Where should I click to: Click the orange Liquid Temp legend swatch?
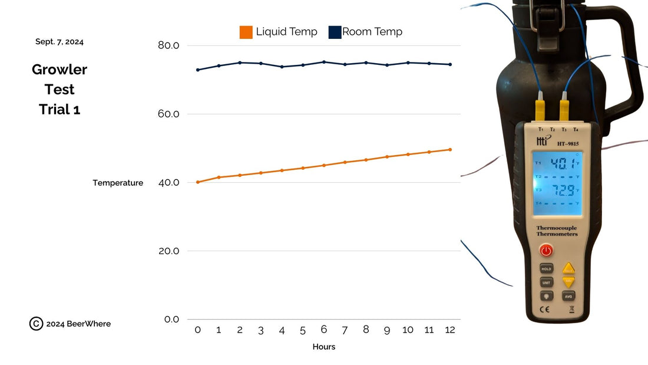point(246,32)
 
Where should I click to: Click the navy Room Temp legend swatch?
point(335,32)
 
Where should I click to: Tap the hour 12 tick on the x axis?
point(450,330)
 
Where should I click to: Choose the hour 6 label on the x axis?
point(323,330)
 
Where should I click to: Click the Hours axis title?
point(323,347)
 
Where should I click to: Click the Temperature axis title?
point(118,183)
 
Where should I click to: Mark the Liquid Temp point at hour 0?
point(198,182)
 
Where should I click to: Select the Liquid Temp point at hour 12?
point(450,149)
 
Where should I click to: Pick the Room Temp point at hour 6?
point(323,62)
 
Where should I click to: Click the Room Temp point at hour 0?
point(198,70)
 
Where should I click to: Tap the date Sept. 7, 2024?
point(59,42)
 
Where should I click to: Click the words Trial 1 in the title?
point(59,110)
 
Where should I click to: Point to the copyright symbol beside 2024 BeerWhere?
point(36,324)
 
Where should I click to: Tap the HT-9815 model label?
point(568,142)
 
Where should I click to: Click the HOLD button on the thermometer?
point(546,268)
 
